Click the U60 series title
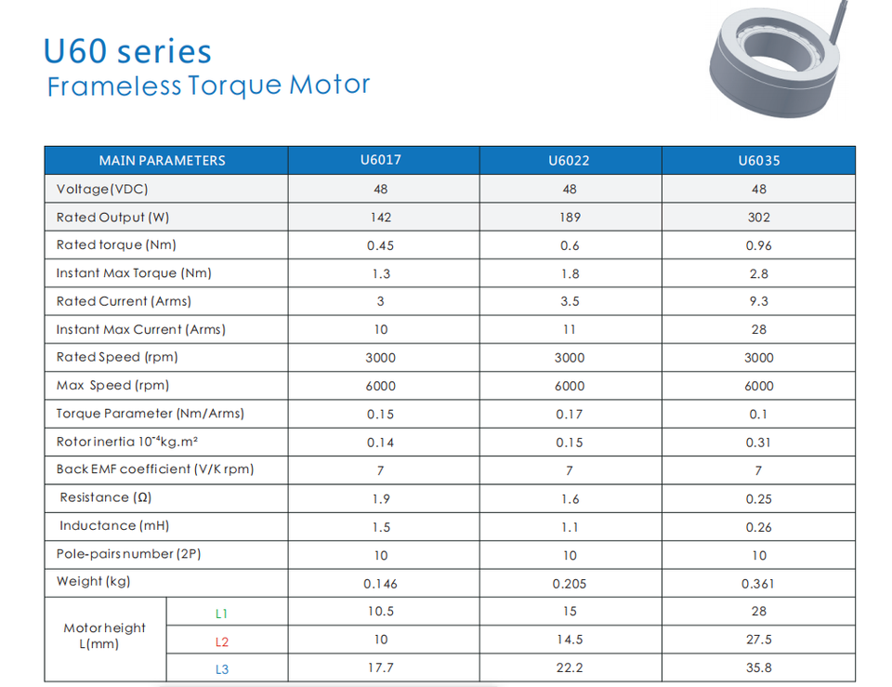pos(127,51)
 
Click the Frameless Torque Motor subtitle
pos(208,86)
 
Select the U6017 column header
pos(380,160)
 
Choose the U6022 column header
pos(569,161)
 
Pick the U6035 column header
pos(758,161)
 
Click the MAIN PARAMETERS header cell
pos(162,161)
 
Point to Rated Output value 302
pos(758,218)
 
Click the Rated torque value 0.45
pos(380,245)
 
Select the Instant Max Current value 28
pos(758,330)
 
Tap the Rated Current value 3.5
pos(569,302)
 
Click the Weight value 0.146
pos(380,584)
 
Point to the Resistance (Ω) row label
pos(106,498)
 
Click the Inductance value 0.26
pos(758,527)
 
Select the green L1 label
pos(221,614)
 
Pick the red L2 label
pos(221,641)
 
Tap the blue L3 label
pos(221,669)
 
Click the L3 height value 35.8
pos(758,667)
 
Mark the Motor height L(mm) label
pos(104,636)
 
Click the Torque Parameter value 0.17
pos(569,415)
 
